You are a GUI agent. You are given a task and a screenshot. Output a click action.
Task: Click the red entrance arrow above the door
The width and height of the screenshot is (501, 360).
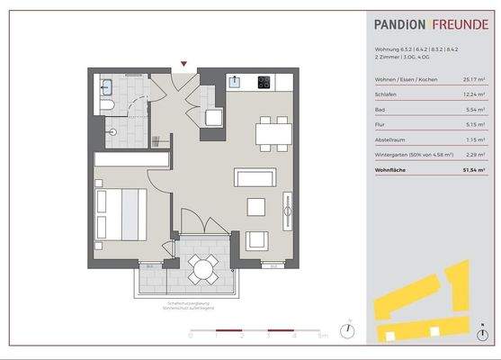pyautogui.click(x=184, y=64)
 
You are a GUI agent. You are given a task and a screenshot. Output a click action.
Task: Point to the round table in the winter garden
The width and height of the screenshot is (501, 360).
pyautogui.click(x=202, y=267)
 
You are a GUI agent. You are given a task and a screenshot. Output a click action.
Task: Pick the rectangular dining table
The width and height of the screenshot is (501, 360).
pyautogui.click(x=273, y=134)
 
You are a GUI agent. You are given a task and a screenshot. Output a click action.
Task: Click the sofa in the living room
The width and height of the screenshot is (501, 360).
pyautogui.click(x=254, y=176)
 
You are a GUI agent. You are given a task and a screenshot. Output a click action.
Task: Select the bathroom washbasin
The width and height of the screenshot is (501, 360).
pyautogui.click(x=107, y=87)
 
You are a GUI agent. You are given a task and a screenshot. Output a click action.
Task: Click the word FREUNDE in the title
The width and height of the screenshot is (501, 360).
pyautogui.click(x=460, y=26)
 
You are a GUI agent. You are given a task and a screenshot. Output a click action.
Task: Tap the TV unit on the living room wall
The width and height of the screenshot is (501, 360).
pyautogui.click(x=287, y=210)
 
